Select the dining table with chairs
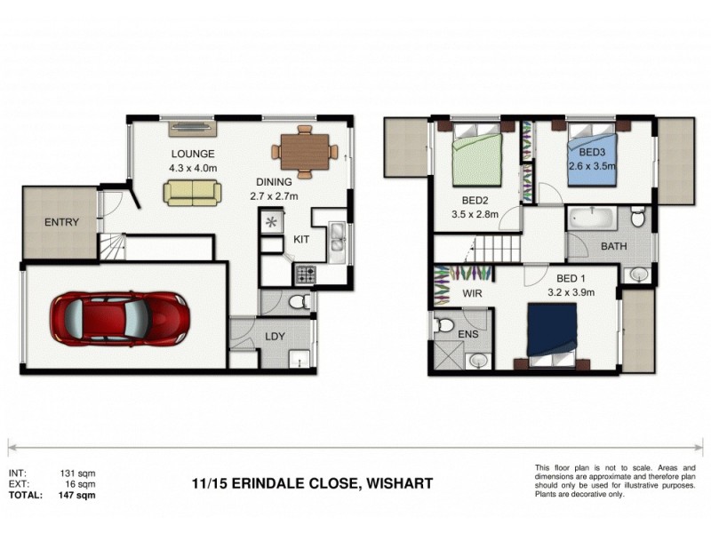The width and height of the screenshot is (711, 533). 304,151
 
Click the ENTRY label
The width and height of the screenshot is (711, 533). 61,223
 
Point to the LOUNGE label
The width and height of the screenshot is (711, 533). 193,154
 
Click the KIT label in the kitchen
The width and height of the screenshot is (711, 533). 302,241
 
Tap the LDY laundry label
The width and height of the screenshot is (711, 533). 274,337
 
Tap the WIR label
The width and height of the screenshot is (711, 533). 472,291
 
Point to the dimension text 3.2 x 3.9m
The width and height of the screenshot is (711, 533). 570,290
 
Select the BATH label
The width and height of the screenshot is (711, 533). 614,246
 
